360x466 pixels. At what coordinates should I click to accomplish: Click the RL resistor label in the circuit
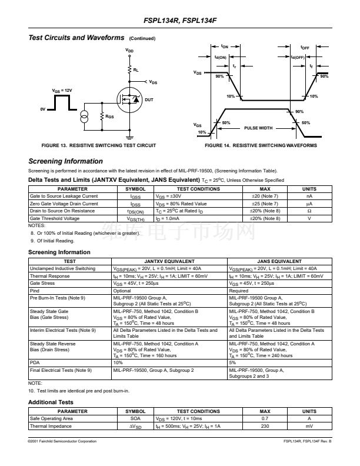[x=136, y=70]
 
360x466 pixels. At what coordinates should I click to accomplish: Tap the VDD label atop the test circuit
[x=129, y=51]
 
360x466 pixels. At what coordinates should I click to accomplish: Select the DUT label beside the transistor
[x=149, y=99]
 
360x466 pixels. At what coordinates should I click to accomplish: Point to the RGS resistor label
[x=110, y=117]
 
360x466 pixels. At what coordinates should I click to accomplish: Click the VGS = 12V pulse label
[x=62, y=90]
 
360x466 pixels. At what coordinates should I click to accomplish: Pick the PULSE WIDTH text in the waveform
[x=258, y=128]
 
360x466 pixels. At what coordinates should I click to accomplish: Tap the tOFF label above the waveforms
[x=305, y=47]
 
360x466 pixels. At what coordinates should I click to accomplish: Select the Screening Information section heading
[x=65, y=161]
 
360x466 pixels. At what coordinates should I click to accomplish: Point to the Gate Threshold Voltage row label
[x=54, y=218]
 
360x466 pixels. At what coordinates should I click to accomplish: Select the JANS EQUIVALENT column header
[x=279, y=261]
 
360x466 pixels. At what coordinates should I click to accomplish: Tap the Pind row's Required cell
[x=239, y=291]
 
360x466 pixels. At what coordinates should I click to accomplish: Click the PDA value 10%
[x=118, y=362]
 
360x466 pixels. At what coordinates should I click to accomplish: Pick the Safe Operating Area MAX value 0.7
[x=265, y=418]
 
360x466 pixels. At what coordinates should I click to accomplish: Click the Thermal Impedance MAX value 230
[x=265, y=425]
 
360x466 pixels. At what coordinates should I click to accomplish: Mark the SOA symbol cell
[x=135, y=418]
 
